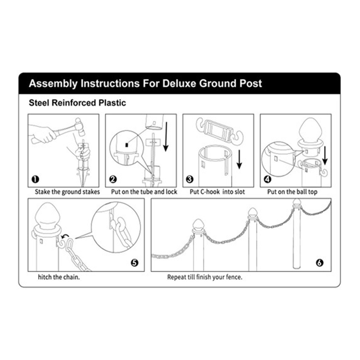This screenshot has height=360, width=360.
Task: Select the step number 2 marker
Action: (x=113, y=179)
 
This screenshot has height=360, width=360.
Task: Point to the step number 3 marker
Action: (x=190, y=179)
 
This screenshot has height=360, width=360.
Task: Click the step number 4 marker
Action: (x=267, y=179)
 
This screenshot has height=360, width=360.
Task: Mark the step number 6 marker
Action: (x=319, y=262)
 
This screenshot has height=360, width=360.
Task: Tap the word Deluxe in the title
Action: (x=178, y=83)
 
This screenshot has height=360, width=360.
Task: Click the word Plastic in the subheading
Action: (x=112, y=103)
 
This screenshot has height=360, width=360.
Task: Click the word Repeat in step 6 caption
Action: (x=176, y=278)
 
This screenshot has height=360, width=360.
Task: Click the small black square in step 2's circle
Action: (x=127, y=144)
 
